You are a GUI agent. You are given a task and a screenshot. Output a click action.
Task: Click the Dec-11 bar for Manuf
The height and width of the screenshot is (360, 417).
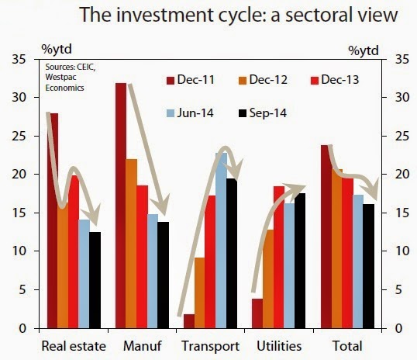point(121,206)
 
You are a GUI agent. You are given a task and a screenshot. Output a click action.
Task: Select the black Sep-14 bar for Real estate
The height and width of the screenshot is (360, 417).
point(95,280)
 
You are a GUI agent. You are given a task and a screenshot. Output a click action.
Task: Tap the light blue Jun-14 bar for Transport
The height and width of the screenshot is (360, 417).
point(221,241)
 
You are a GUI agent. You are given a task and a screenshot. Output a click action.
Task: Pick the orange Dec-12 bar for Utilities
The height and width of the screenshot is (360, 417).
point(268,279)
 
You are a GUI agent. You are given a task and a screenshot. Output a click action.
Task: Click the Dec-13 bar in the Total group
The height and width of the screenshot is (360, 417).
point(347,253)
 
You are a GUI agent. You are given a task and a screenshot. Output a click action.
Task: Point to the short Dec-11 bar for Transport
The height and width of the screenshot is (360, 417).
point(189,321)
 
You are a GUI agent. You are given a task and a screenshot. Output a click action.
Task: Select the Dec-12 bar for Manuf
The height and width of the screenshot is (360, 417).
point(132,244)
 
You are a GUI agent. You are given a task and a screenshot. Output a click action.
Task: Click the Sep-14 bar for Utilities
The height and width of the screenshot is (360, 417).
point(300,261)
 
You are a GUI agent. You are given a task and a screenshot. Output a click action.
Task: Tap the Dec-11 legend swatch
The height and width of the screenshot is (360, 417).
point(171,81)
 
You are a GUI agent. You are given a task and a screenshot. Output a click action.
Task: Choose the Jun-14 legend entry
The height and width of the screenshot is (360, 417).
point(190,113)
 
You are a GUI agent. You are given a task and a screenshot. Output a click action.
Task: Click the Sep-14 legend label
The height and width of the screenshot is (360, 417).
point(268,113)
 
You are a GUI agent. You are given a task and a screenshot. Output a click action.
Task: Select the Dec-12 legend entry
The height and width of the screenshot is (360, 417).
point(263,80)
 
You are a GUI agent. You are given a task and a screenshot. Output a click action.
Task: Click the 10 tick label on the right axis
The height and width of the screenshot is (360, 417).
point(402,251)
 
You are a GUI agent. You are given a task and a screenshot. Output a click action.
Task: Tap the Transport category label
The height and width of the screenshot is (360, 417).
point(210,346)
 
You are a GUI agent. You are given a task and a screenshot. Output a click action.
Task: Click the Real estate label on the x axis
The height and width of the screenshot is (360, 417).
point(74,346)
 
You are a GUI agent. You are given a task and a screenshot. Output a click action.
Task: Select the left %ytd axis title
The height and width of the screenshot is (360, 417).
point(57,50)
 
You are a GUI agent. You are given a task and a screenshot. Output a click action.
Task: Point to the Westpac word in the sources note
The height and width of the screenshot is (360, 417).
point(60,78)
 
